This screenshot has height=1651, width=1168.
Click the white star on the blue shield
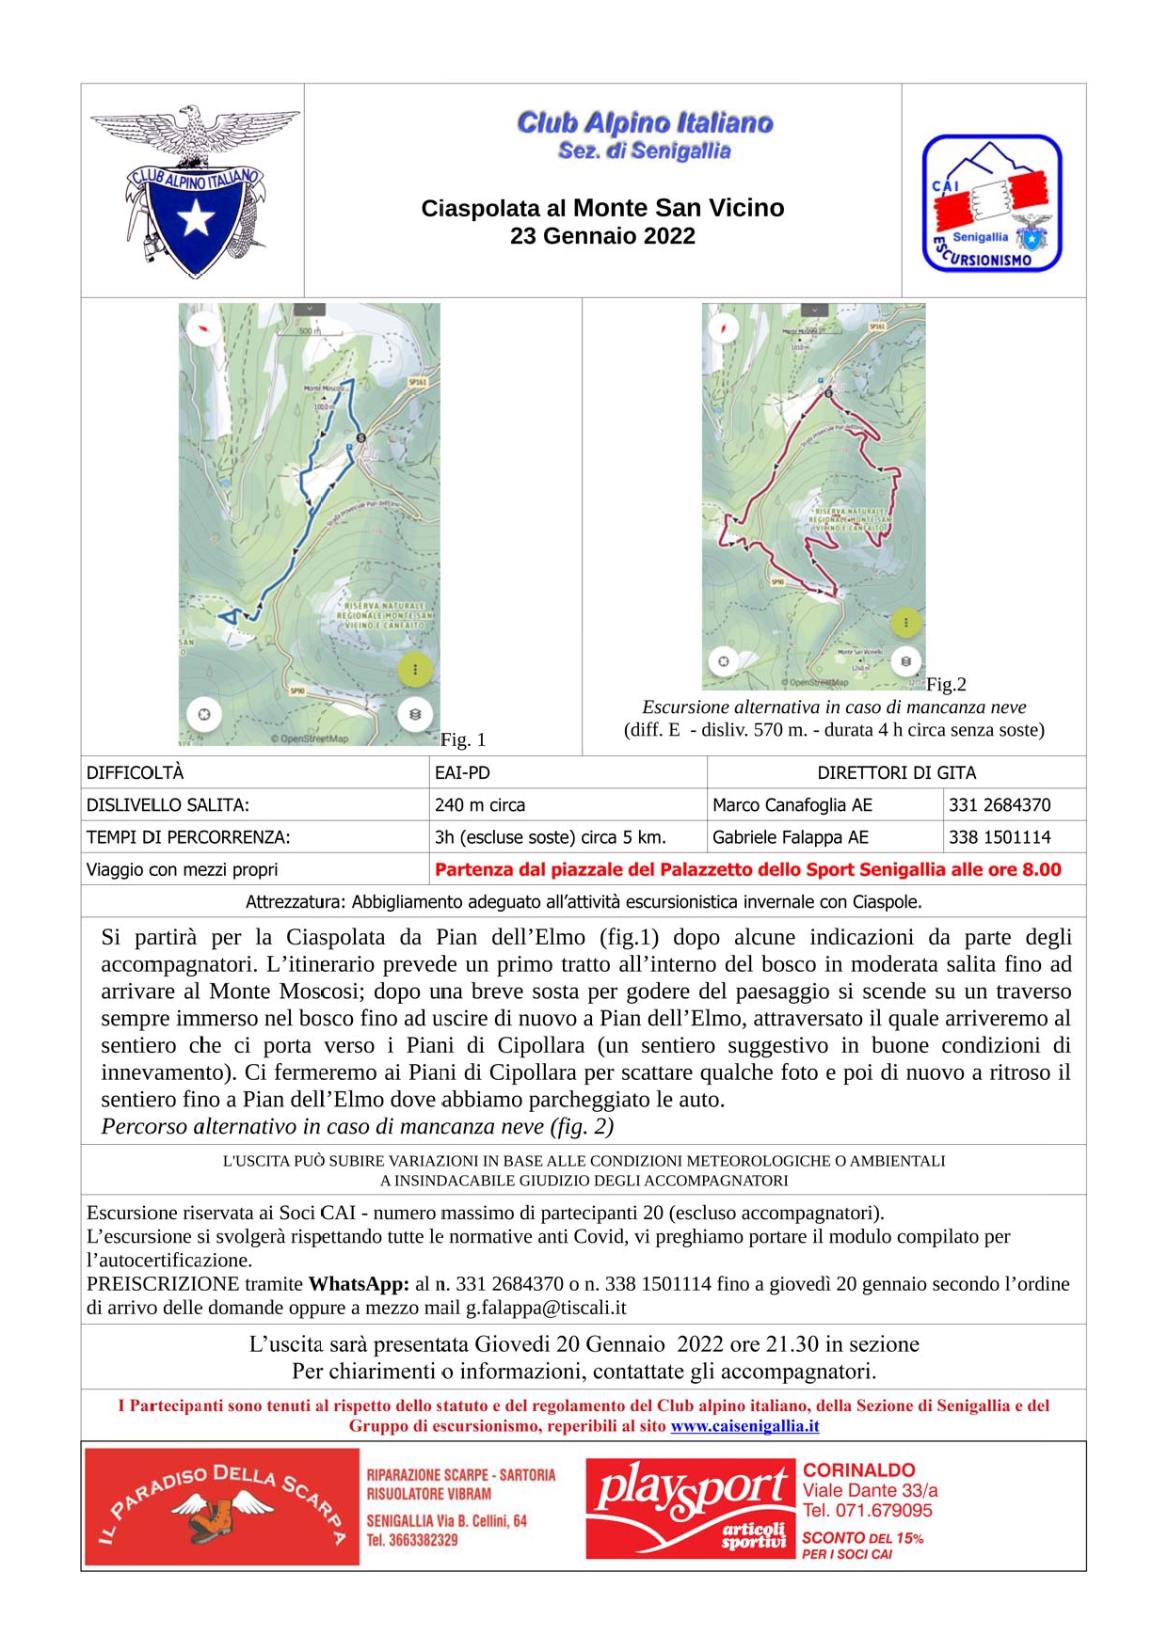[196, 219]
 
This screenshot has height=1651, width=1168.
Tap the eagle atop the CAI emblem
[195, 132]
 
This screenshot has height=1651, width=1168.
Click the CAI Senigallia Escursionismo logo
[992, 203]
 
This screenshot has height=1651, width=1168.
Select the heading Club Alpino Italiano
[645, 122]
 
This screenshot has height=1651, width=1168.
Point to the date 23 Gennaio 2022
[602, 236]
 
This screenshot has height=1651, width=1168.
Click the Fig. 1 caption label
[463, 739]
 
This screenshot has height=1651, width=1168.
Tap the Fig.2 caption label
[946, 684]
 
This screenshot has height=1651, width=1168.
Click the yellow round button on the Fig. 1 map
[415, 669]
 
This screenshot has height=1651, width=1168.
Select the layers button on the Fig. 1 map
[415, 714]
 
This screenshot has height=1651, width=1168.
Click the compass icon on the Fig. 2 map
[723, 328]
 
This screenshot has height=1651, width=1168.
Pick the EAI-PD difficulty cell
[462, 772]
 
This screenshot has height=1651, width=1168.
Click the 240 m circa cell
[480, 805]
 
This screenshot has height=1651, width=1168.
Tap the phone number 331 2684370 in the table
[1000, 805]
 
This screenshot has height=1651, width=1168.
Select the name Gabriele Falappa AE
[791, 837]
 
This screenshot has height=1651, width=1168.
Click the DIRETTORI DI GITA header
[896, 772]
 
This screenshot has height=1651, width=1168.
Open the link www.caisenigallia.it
[744, 1426]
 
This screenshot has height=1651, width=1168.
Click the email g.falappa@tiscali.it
[546, 1308]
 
